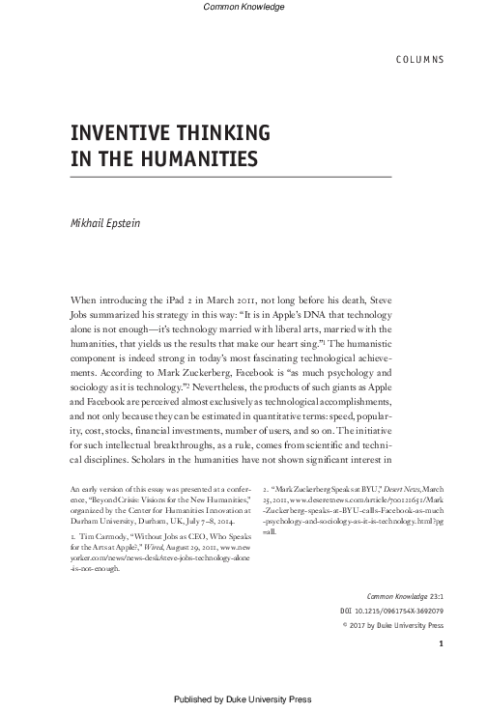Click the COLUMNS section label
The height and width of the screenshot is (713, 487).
click(418, 59)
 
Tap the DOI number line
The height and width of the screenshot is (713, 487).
click(395, 612)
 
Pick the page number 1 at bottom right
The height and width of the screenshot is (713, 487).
click(441, 644)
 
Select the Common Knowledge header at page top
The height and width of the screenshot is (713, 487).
click(244, 8)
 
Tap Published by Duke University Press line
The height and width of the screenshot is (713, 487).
click(244, 699)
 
